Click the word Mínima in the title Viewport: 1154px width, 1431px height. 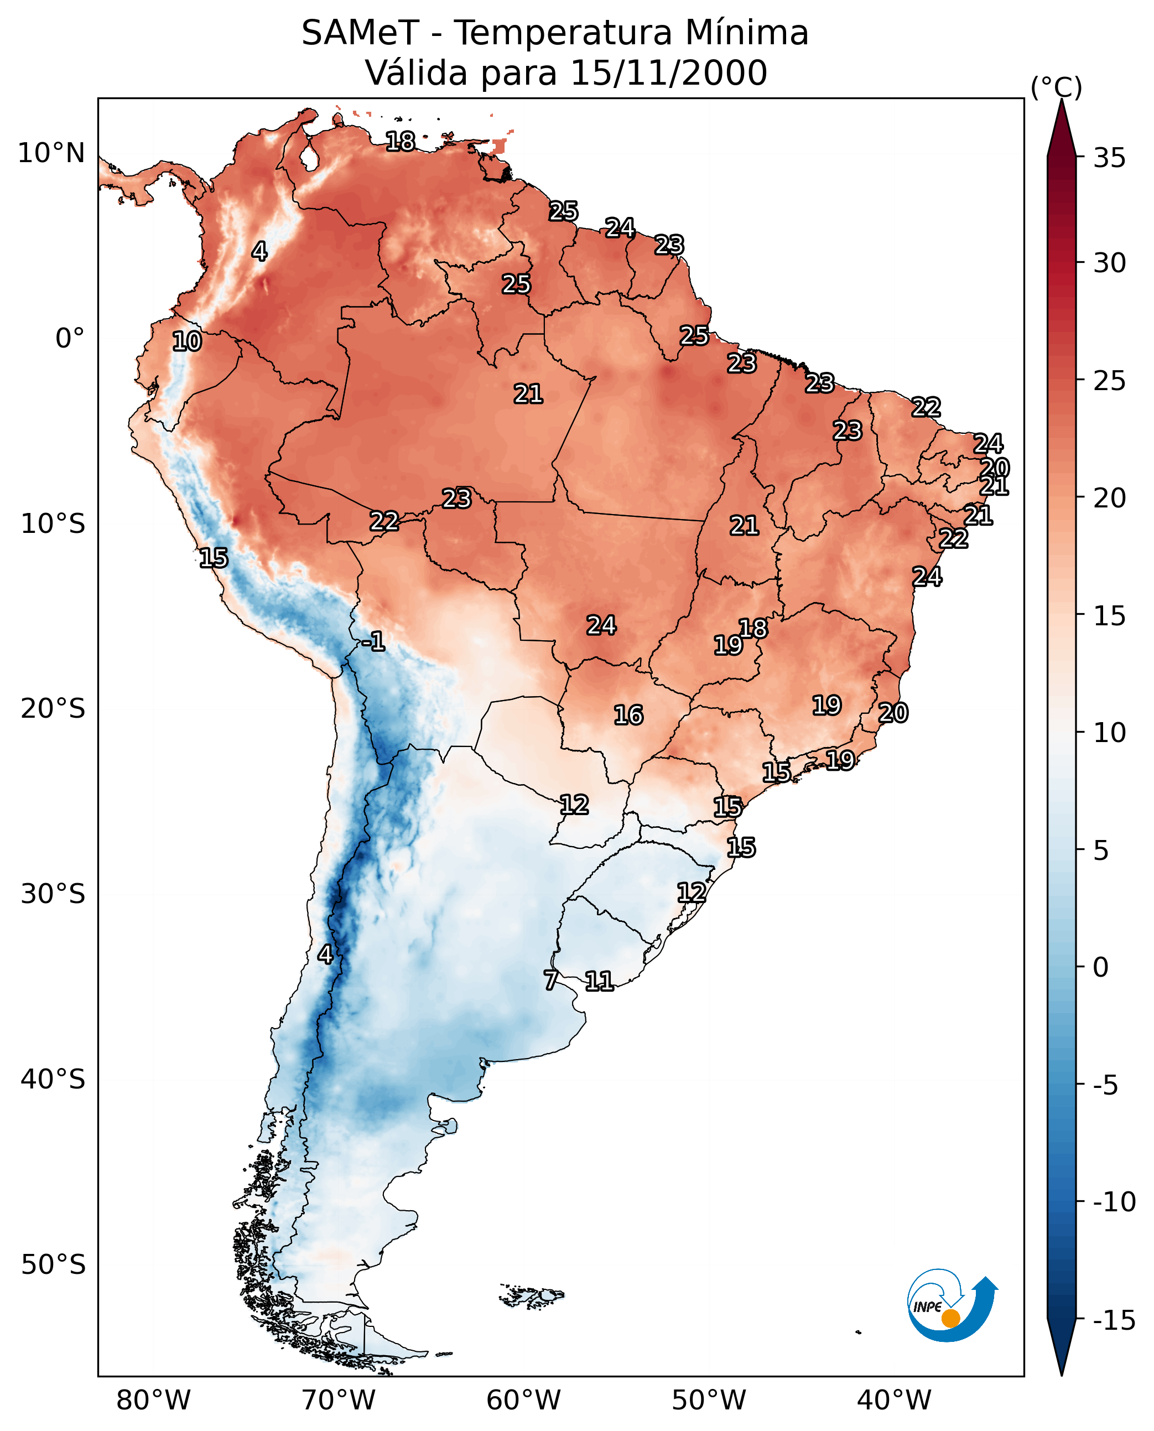tap(746, 33)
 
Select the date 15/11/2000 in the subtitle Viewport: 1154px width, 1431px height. tap(669, 72)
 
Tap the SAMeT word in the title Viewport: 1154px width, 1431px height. tap(360, 33)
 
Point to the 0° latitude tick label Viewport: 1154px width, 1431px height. tap(70, 339)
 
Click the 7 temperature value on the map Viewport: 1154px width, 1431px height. tap(550, 980)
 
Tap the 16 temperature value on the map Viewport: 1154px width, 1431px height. tap(628, 715)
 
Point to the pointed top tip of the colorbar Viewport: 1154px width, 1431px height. tap(1062, 99)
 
